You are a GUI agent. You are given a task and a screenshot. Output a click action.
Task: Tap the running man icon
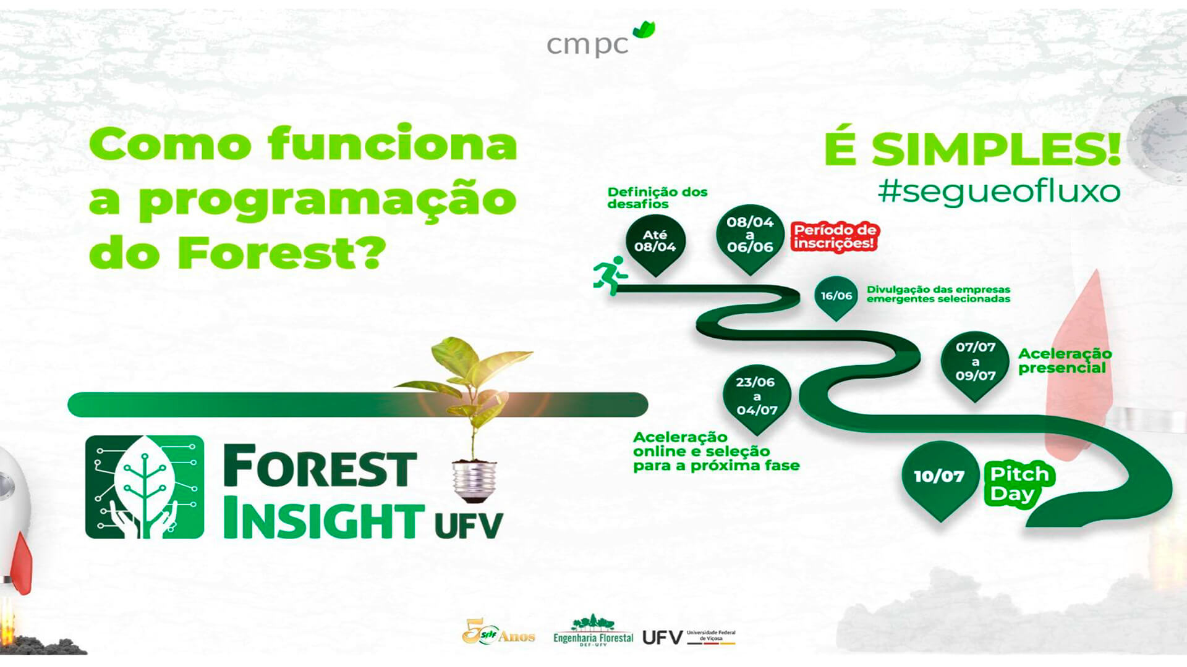click(610, 275)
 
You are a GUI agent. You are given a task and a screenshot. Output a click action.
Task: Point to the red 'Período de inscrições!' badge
click(835, 237)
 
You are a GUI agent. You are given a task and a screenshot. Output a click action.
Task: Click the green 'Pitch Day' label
click(1019, 484)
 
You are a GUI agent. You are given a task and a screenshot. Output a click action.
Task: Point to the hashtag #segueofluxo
click(998, 191)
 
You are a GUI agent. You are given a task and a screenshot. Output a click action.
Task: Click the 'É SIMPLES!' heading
click(972, 149)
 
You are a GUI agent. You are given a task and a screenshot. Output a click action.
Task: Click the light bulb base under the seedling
click(474, 480)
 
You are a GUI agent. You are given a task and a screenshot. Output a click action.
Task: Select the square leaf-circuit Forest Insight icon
click(145, 487)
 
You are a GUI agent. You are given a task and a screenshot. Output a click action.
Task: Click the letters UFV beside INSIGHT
click(469, 526)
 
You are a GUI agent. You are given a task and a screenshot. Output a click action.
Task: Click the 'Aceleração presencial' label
click(1065, 361)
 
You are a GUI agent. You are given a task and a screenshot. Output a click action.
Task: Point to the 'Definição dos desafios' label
click(657, 198)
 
